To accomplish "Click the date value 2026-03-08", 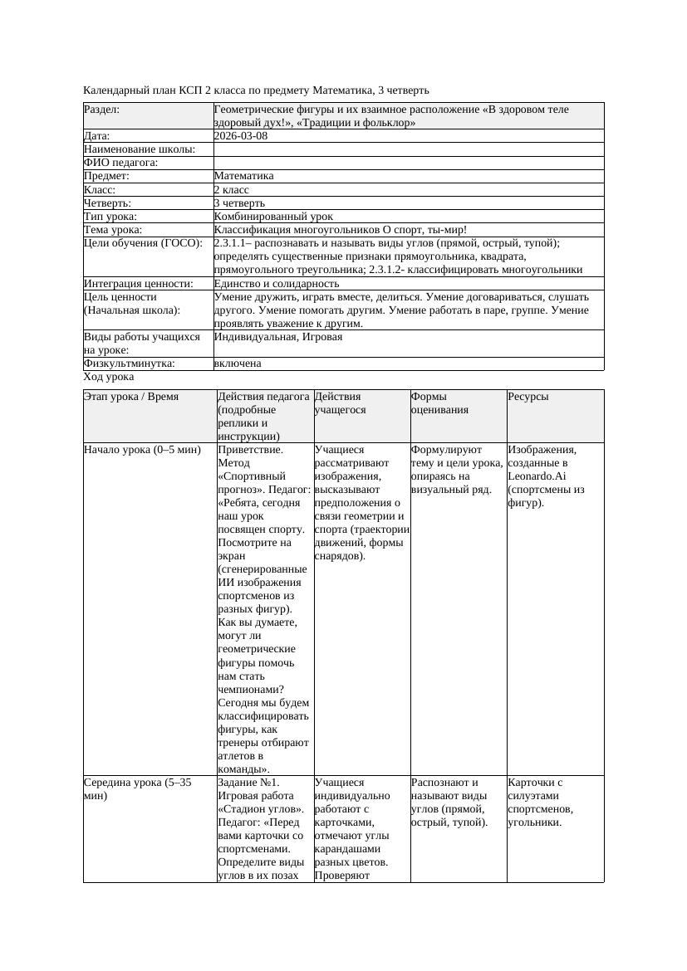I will tap(241, 135).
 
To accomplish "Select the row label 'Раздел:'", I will tap(101, 109).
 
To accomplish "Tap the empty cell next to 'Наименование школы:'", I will tap(407, 149).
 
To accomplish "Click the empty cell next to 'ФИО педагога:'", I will tap(407, 163).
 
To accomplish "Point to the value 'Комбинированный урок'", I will tap(273, 216).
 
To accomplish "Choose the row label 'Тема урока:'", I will tap(113, 229).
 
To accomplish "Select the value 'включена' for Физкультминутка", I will tap(238, 363).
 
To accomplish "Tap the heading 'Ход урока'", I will tap(109, 377).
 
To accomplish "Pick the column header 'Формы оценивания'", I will tap(438, 403).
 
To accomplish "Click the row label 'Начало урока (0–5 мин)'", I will tap(142, 450).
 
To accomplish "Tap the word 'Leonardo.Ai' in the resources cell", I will tap(537, 476).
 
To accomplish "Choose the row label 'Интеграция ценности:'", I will tap(139, 283).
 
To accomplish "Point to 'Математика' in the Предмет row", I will tap(243, 176).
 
